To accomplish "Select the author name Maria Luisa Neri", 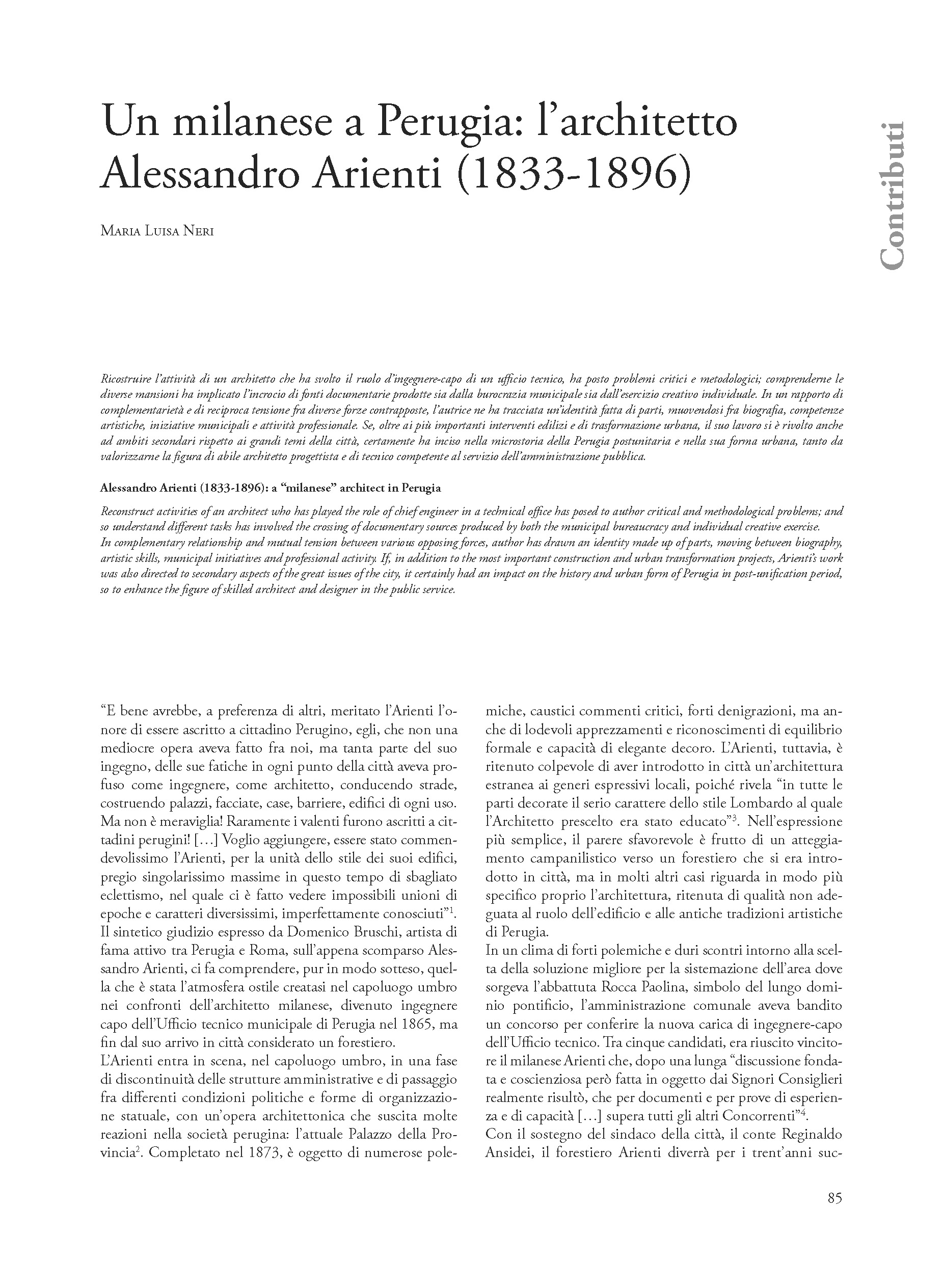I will click(x=157, y=231).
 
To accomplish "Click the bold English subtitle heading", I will click(x=271, y=488).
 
